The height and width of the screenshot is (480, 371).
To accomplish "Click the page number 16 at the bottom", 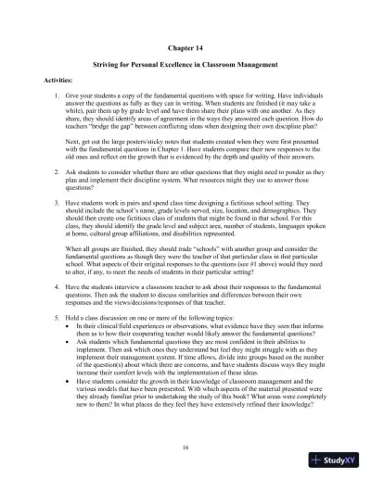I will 185,447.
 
